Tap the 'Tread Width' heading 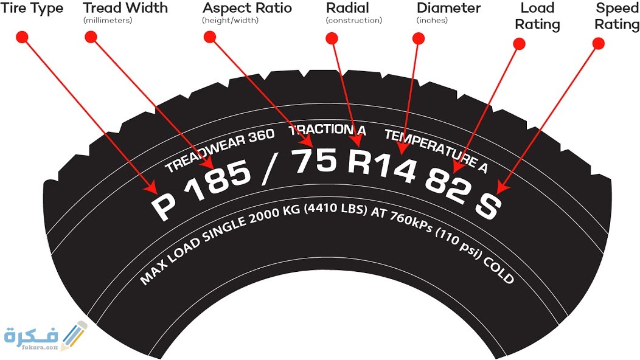(125, 9)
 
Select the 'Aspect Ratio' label (247, 9)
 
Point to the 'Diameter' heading (448, 9)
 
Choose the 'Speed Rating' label (617, 16)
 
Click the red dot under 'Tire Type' (23, 37)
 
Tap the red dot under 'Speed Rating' (599, 43)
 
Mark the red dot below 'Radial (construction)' (332, 38)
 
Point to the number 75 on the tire (314, 161)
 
